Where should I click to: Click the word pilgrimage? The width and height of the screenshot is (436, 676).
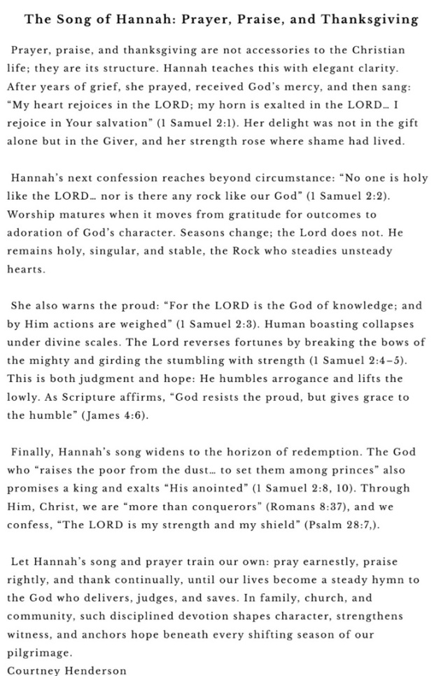[40, 651]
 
